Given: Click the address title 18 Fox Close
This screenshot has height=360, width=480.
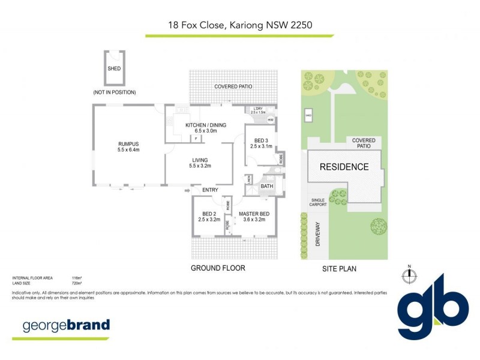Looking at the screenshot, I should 240,25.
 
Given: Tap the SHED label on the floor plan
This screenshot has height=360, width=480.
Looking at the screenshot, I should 114,68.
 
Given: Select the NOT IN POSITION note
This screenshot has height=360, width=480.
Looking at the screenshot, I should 115,92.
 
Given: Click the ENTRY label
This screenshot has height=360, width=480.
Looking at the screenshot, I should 210,190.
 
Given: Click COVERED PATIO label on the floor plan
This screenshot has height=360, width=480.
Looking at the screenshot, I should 233,87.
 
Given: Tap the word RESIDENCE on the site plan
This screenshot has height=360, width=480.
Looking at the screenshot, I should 344,167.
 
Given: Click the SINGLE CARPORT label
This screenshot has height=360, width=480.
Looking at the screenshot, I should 318,202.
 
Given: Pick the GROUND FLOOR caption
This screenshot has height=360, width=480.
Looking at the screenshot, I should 218,268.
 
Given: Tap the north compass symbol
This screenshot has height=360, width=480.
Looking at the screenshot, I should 409,275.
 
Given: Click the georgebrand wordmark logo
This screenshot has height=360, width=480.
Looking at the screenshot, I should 66,326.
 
